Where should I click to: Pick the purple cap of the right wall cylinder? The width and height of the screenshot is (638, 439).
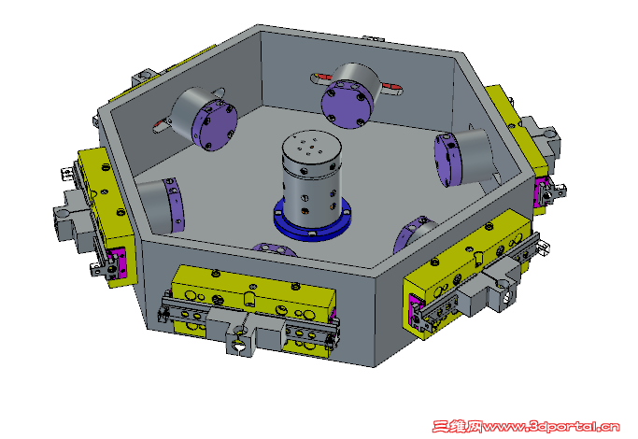click(448, 157)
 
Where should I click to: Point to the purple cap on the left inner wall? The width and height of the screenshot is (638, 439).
click(175, 205)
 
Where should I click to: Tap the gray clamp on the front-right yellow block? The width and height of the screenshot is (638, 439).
click(495, 285)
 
